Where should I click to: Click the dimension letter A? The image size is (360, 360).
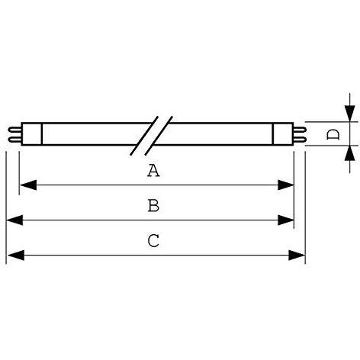click(153, 170)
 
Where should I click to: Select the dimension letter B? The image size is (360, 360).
click(153, 206)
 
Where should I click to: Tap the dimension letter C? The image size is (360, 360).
click(153, 241)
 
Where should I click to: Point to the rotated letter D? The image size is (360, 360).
click(333, 134)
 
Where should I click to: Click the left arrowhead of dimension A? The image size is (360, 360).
click(28, 185)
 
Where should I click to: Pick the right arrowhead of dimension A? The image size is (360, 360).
click(286, 185)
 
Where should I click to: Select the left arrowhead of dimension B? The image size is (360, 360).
click(14, 220)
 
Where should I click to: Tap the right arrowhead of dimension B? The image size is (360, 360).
click(286, 220)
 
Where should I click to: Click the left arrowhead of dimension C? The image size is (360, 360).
click(16, 256)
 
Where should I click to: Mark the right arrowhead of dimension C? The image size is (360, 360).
click(297, 256)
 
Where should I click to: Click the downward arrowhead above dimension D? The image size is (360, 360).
click(350, 114)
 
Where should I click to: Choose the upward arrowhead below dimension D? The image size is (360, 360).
click(350, 153)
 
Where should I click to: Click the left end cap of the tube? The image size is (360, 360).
click(31, 134)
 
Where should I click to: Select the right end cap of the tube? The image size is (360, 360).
click(283, 134)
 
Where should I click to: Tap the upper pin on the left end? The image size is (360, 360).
click(14, 130)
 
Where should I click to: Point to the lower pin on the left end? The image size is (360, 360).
click(14, 140)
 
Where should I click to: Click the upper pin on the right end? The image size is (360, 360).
click(300, 130)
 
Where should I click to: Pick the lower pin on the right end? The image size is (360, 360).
click(300, 140)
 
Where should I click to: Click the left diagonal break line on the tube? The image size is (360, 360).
click(144, 136)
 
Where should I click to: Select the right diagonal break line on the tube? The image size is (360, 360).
click(159, 136)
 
